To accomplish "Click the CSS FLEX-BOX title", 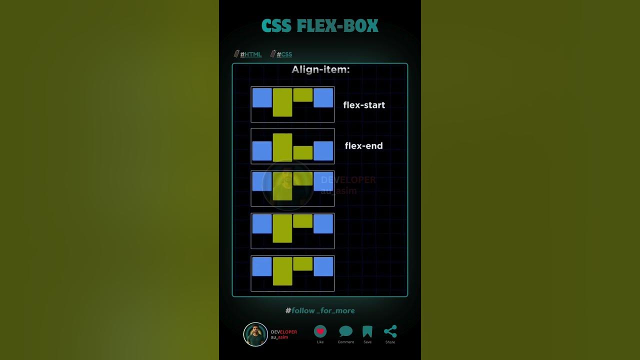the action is [x=319, y=26].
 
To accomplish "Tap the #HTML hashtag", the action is [x=250, y=54].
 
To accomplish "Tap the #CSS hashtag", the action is [x=284, y=54].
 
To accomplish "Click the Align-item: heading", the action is [x=320, y=70].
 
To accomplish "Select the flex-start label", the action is [x=364, y=105].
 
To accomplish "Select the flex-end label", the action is [x=363, y=146].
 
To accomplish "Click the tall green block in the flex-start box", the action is [x=282, y=102].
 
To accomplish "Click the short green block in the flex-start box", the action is [x=303, y=95].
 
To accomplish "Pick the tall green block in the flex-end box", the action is [x=282, y=147].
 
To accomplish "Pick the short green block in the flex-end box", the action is [x=303, y=152].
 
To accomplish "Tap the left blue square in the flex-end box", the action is [x=262, y=151].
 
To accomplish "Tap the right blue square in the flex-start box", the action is [x=323, y=97].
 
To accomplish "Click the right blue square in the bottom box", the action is [x=323, y=266].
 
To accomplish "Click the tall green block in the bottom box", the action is [x=282, y=271].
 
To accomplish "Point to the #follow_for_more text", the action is [x=320, y=310].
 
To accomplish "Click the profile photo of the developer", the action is [x=255, y=334].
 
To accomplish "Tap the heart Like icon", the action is [x=320, y=331].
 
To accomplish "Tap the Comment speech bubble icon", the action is [x=345, y=331].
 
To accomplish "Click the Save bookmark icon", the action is [x=367, y=331].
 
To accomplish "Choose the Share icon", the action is [x=390, y=331].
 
